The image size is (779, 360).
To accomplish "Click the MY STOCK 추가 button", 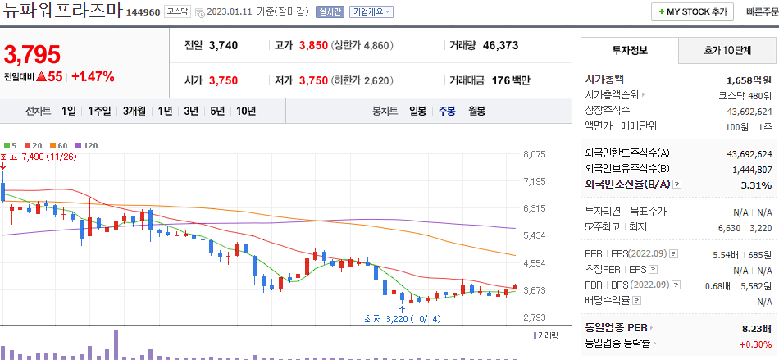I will (x=692, y=12).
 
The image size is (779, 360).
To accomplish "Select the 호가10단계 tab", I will (x=727, y=50).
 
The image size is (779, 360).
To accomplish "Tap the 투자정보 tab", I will (x=630, y=50).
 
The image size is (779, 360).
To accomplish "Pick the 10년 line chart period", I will (x=245, y=111).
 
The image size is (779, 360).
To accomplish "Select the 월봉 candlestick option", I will (x=476, y=111).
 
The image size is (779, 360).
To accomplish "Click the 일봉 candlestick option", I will (x=417, y=111).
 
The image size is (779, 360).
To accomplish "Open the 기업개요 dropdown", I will (x=371, y=12).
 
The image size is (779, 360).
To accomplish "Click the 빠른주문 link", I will (x=760, y=12).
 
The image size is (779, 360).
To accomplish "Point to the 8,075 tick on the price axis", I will (x=534, y=154).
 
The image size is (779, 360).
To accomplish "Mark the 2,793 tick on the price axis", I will (x=534, y=317).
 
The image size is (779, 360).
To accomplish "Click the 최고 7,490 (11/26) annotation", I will (x=39, y=157).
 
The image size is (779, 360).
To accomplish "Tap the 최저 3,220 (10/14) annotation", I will (x=403, y=318).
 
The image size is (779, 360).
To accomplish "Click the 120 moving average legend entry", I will (x=87, y=145).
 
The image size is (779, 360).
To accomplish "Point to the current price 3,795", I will (x=33, y=55).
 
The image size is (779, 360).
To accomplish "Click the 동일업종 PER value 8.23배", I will (x=754, y=328).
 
